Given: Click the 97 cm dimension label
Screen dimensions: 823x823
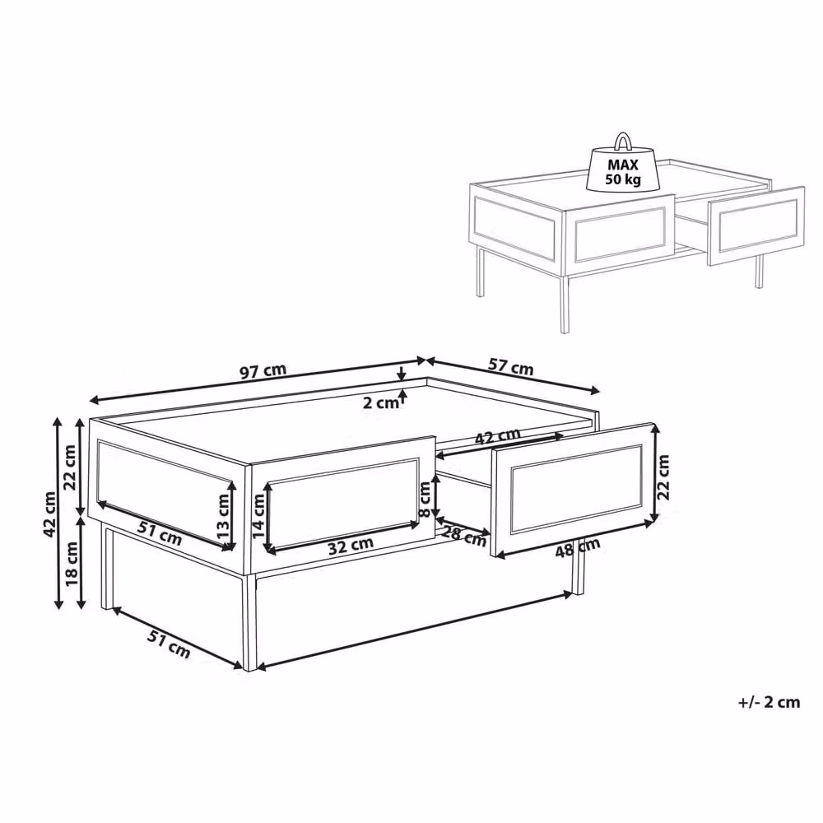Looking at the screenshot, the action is pos(263,370).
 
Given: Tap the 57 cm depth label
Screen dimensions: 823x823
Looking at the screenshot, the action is pos(511,366).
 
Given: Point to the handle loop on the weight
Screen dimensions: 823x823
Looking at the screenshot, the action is pos(623,142).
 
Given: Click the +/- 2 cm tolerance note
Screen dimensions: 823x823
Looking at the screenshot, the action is pos(769,702).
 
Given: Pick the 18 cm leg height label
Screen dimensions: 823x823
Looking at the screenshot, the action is pos(72,564).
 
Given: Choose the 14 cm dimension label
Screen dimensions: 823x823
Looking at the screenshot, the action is pos(259,515).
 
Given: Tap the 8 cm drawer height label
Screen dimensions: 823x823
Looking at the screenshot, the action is pos(425,499).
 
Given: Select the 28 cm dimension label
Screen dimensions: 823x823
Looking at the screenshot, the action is pos(463,534).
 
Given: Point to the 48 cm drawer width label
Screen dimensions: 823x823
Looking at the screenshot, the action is pos(578,547).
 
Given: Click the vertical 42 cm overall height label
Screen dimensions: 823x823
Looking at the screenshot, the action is pos(50,514).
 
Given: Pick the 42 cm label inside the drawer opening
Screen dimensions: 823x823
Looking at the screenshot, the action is pos(498,437).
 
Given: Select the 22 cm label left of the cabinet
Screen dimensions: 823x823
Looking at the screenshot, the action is pos(70,467).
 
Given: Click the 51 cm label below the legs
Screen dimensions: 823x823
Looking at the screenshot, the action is pos(168,644).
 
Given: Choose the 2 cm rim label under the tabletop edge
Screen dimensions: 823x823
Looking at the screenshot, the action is pos(380,403).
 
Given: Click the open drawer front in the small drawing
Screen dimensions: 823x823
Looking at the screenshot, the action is pos(756,226).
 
